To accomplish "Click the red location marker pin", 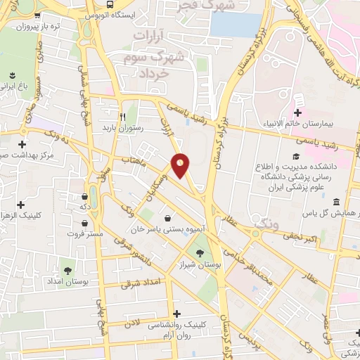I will [181, 165].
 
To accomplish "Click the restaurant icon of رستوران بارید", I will [122, 117].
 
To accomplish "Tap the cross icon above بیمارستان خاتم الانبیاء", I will [297, 112].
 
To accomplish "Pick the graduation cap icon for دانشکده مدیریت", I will [295, 156].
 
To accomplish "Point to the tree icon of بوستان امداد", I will [67, 270].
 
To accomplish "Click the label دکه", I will [83, 207].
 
